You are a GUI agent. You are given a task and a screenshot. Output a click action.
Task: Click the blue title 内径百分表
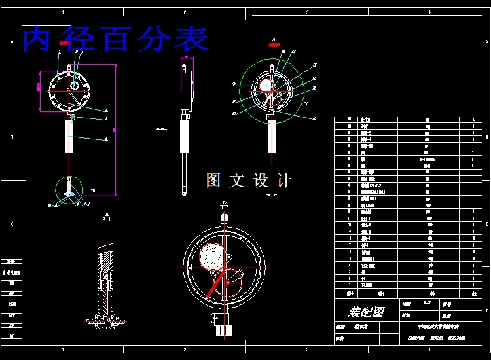pos(116,39)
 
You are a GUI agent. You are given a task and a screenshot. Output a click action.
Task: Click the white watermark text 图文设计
pos(248,181)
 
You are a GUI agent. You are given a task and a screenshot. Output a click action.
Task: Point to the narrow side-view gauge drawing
pos(187,124)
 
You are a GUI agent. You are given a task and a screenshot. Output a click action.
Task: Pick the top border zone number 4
pos(429,12)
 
